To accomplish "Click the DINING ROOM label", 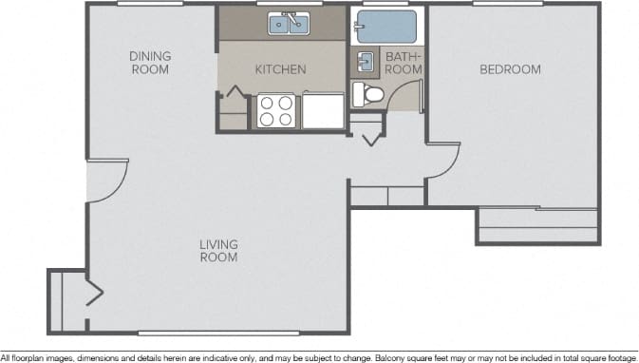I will (x=150, y=63).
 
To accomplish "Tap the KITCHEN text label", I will (x=280, y=69).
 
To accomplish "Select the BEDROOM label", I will (x=510, y=69).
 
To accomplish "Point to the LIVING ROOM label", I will (x=218, y=251).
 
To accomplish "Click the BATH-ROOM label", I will (x=403, y=63).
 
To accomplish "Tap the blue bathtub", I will (x=386, y=26).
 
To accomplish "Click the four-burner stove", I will (x=276, y=110).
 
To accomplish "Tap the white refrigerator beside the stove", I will (x=323, y=110).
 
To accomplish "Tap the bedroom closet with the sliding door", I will (x=537, y=226).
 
